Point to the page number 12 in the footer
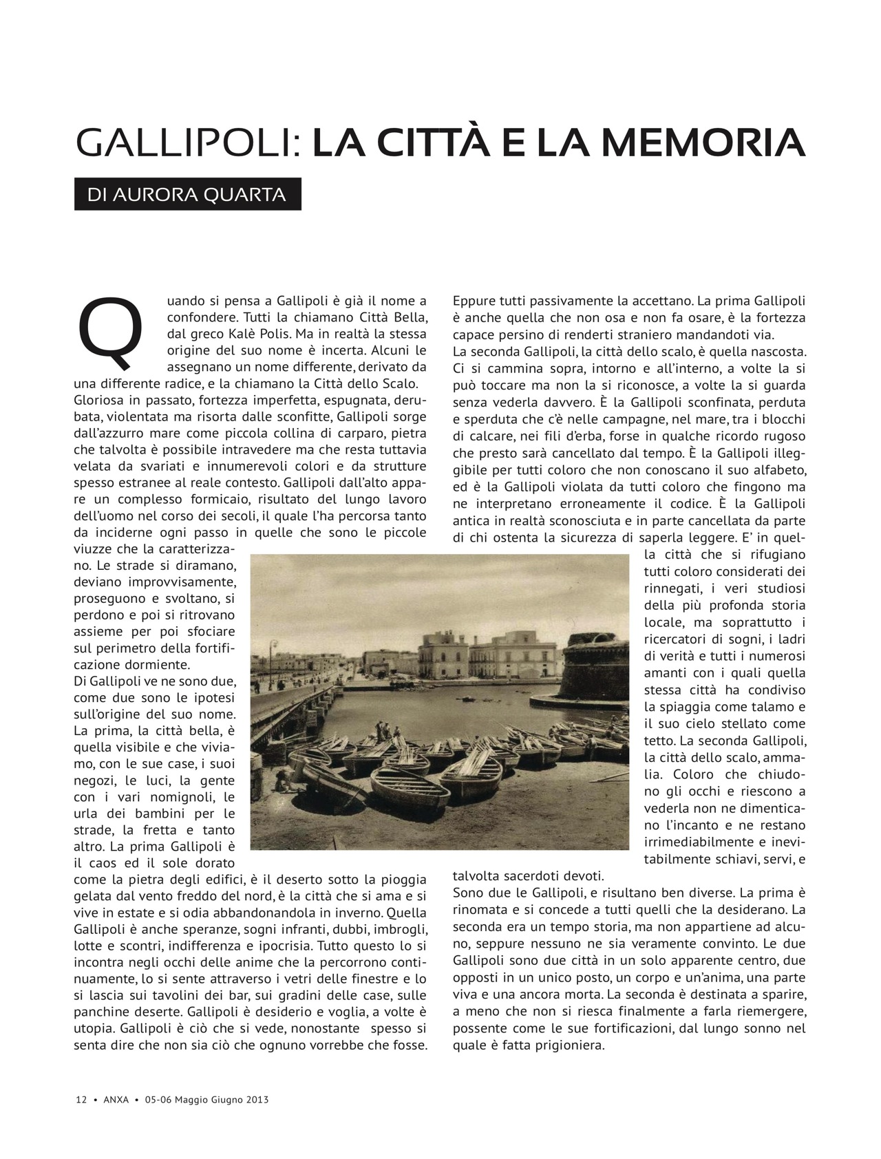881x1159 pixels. [81, 1099]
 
